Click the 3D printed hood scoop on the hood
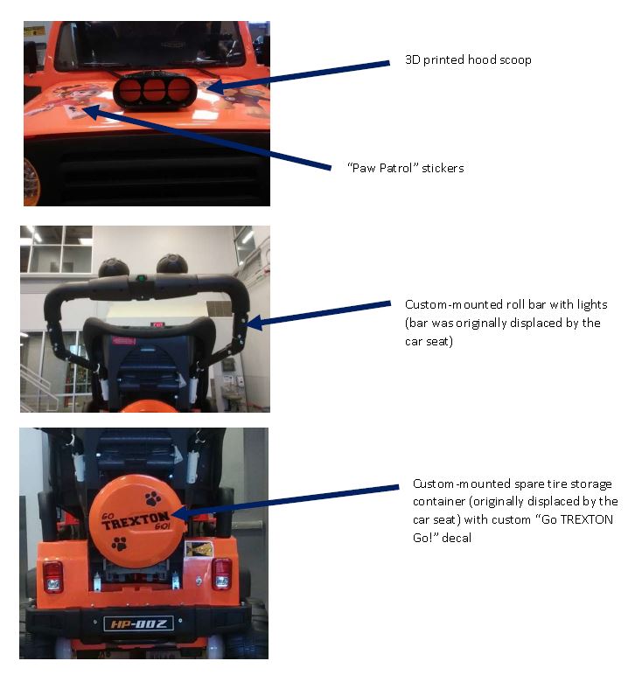click(x=155, y=91)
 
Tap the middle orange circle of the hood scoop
click(x=155, y=90)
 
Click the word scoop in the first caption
click(x=515, y=59)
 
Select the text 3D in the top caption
click(x=413, y=59)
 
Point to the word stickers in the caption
click(x=443, y=168)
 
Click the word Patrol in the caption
click(x=397, y=168)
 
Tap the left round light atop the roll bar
click(x=114, y=268)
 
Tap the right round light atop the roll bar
click(x=171, y=264)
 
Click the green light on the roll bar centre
click(x=141, y=278)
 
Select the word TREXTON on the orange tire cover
click(x=136, y=520)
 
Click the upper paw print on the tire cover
click(x=153, y=498)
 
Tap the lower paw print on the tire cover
click(x=119, y=544)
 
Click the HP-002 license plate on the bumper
click(x=139, y=623)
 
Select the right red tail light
click(x=221, y=574)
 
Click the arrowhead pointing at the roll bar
click(x=254, y=323)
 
